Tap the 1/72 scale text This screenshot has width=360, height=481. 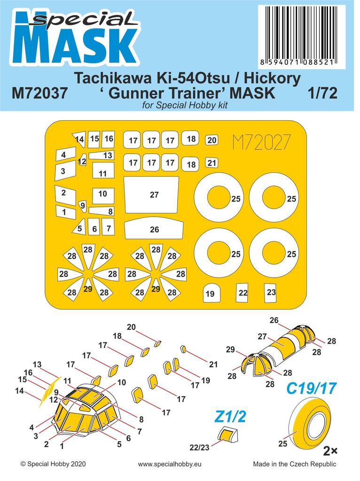click(x=325, y=93)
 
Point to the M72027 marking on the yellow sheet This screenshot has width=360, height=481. click(x=261, y=141)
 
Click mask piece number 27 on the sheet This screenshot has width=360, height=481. click(x=151, y=195)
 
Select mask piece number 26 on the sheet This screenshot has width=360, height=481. click(x=154, y=230)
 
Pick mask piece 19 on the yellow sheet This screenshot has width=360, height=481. click(x=210, y=294)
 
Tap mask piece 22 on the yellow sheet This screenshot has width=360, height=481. click(x=243, y=292)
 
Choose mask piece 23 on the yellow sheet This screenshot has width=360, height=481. click(x=271, y=292)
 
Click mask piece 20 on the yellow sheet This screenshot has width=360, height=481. click(x=211, y=140)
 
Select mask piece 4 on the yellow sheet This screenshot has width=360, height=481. click(x=65, y=154)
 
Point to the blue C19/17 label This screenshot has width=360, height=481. click(x=312, y=389)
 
